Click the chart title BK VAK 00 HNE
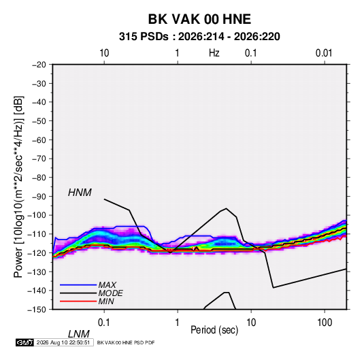199,19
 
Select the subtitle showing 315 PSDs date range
199,37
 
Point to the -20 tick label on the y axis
39,65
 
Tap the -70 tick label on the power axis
39,159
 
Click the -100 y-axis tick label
37,215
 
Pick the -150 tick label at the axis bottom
37,310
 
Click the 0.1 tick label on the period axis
103,323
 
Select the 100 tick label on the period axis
325,323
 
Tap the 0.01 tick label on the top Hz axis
324,53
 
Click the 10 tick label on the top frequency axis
104,53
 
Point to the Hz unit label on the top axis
214,53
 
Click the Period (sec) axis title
214,330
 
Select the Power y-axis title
18,186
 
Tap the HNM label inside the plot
80,193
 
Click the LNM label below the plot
79,334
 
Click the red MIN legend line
78,301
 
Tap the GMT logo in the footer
25,342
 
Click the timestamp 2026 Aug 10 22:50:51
63,342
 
